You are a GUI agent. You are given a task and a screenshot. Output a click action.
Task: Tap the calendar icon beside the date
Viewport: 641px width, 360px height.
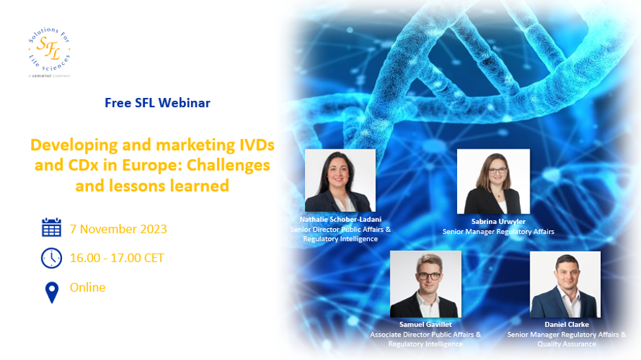51,228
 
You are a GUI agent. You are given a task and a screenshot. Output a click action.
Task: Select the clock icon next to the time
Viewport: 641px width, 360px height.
51,258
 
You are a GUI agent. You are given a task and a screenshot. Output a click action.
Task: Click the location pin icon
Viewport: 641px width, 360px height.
52,292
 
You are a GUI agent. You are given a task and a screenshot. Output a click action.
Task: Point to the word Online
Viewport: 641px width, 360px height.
87,287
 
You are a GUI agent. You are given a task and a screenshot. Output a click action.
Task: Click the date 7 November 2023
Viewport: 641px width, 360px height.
118,229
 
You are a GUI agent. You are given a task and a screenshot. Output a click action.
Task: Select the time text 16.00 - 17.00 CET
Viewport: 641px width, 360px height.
117,258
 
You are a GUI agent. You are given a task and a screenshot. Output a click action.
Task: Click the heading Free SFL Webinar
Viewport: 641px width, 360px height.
157,103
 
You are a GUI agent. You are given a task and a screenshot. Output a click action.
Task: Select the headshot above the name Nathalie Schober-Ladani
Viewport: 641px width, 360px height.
340,180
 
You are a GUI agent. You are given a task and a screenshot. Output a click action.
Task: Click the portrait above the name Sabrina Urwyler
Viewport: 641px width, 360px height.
493,182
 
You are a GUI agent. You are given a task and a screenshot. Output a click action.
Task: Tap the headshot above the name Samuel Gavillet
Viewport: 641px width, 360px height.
425,285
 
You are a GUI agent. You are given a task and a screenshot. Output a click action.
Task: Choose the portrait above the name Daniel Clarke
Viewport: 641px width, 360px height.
566,285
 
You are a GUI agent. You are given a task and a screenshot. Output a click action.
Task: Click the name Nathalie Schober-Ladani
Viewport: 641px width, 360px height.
340,220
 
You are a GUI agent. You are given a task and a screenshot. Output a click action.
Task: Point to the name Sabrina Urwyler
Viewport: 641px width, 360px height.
498,222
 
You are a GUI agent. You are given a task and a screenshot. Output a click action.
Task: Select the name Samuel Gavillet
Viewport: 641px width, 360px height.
425,324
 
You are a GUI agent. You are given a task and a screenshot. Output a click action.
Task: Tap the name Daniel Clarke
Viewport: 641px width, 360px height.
566,324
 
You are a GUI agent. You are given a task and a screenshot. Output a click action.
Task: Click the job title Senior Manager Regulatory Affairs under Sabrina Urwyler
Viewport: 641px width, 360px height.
498,232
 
